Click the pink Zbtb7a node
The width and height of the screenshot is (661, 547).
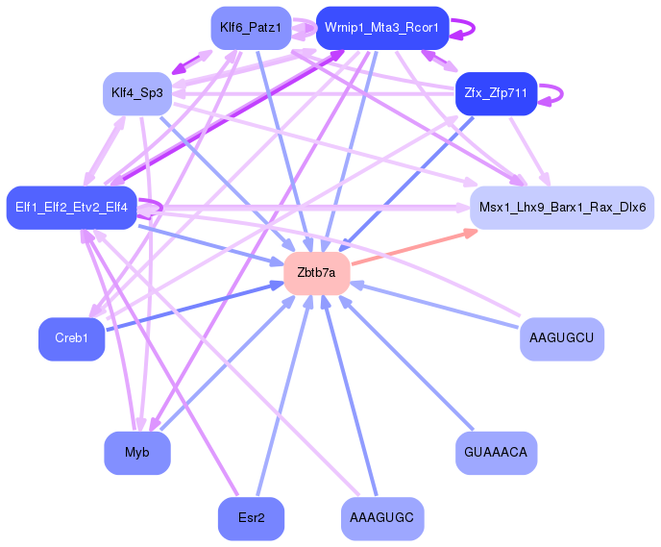[x=316, y=273]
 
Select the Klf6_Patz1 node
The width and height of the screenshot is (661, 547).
[x=250, y=27]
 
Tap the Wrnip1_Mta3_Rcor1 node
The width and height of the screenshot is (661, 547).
[x=381, y=27]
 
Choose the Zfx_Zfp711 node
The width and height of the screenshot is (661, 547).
[x=495, y=93]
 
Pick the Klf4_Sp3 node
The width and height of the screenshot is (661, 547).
[x=136, y=93]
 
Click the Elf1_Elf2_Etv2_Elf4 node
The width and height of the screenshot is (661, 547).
[x=72, y=207]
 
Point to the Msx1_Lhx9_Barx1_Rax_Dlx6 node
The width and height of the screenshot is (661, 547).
[x=561, y=207]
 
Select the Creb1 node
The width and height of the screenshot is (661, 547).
[x=71, y=338]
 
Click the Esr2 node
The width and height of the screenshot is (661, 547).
[x=251, y=518]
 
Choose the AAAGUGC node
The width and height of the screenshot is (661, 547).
[x=381, y=518]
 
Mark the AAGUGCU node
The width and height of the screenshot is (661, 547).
[x=561, y=338]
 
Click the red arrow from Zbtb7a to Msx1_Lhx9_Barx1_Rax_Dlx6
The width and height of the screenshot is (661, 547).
[x=413, y=247]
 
